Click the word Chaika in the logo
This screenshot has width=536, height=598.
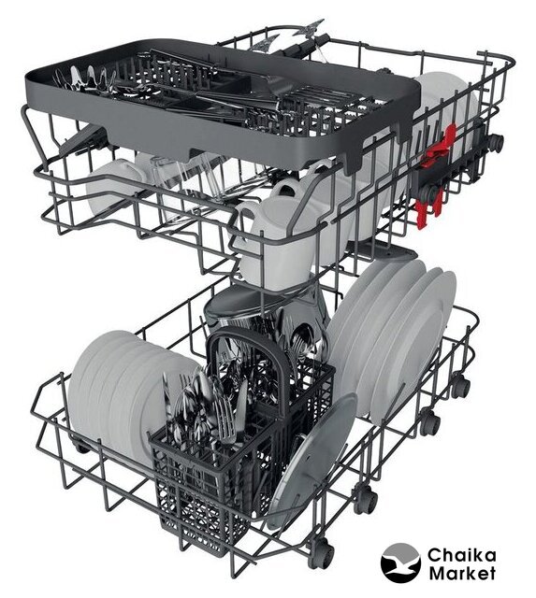click(461, 555)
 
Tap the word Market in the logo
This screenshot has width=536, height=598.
click(462, 573)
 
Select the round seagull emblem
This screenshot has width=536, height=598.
click(400, 563)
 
